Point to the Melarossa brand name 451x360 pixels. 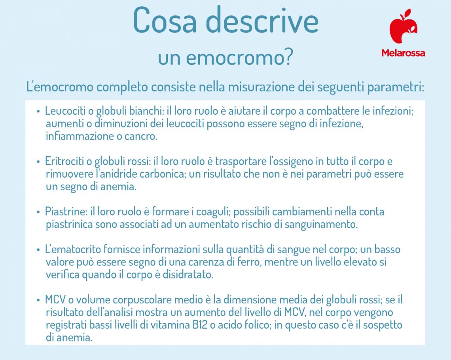(x=403, y=53)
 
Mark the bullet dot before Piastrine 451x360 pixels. (x=38, y=212)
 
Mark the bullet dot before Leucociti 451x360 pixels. (x=38, y=112)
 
